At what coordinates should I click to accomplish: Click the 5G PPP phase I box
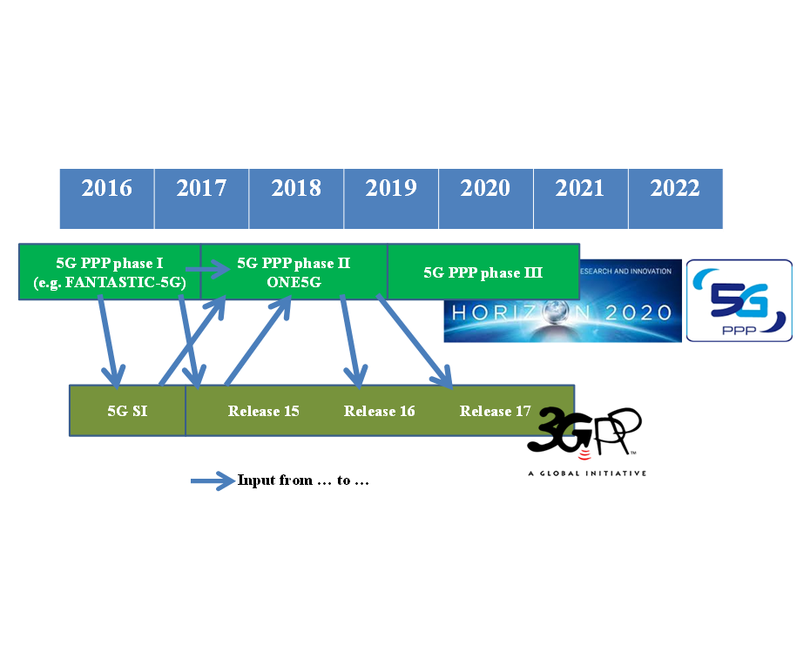[x=110, y=272]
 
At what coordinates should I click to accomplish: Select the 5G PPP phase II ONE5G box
[x=294, y=272]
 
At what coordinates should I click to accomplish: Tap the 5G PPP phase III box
[x=483, y=272]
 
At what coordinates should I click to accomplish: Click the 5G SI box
[x=127, y=411]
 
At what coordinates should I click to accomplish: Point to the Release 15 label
[x=263, y=411]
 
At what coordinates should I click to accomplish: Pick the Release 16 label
[x=379, y=411]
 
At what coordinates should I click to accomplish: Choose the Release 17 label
[x=495, y=411]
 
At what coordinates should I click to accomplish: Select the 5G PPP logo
[x=739, y=300]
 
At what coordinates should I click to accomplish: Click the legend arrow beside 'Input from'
[x=213, y=481]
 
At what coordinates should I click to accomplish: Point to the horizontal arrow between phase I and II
[x=207, y=270]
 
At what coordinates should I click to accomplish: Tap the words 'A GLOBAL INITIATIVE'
[x=587, y=474]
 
